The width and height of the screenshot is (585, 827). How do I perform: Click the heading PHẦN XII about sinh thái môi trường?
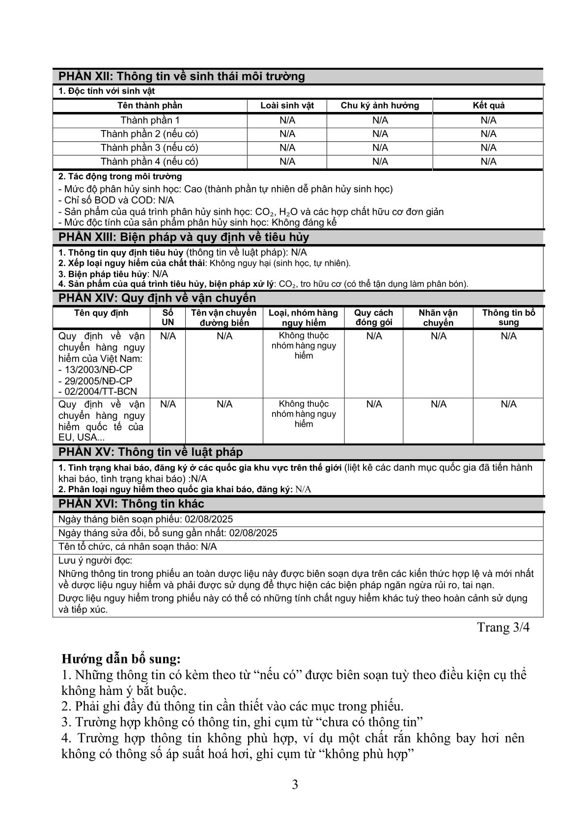tap(182, 77)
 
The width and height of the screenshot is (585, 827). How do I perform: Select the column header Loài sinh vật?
tap(287, 106)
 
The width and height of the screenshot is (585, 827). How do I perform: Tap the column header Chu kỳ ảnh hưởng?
tap(380, 106)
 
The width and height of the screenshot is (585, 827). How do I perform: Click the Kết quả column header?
tap(488, 106)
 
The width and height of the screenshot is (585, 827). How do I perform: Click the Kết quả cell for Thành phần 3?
tap(488, 148)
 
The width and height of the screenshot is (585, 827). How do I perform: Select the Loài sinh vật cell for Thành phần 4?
tap(287, 162)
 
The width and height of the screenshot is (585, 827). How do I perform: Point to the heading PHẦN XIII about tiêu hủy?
tap(184, 237)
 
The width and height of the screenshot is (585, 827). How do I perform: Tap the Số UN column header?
tap(167, 317)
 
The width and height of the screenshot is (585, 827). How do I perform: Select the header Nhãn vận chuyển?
tap(438, 317)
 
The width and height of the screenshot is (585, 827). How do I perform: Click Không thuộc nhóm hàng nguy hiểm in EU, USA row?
tap(304, 413)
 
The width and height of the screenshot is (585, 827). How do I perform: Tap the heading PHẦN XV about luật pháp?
tap(150, 452)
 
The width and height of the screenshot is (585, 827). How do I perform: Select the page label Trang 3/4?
tap(503, 627)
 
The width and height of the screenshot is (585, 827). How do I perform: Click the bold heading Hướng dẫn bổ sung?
tap(121, 658)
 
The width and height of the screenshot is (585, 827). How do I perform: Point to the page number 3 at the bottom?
tap(295, 784)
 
